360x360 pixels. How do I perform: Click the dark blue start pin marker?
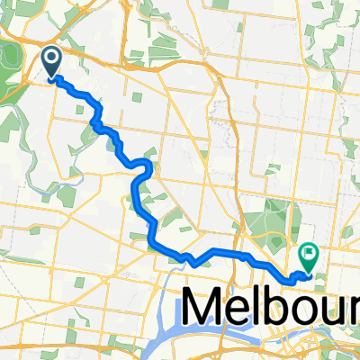coord(51,61)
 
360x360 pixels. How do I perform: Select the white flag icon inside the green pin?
coord(309,256)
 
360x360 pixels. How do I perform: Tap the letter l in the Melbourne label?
coord(264,306)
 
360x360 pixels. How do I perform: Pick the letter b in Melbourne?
coord(283,308)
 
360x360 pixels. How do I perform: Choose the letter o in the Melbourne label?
coord(310,311)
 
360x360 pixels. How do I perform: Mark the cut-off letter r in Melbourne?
coord(356,311)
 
